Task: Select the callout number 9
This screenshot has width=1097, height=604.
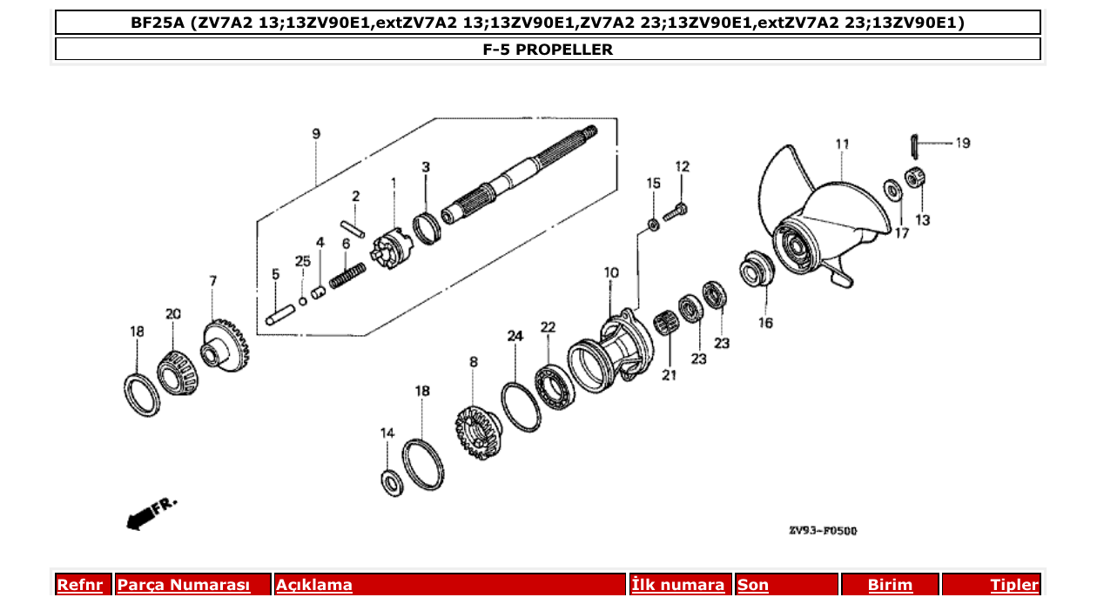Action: click(x=316, y=134)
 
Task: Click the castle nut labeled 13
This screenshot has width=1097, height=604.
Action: click(x=914, y=178)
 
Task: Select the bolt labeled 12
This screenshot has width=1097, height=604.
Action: click(x=676, y=210)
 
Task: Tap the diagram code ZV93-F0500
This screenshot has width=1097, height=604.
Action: click(x=822, y=531)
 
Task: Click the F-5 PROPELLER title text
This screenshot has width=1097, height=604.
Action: click(x=548, y=50)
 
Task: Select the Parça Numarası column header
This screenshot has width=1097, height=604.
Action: click(x=184, y=585)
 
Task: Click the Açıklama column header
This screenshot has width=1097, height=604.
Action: click(x=314, y=585)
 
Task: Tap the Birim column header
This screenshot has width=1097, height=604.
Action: click(x=890, y=585)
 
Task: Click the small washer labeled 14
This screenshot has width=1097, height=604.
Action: click(x=391, y=480)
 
